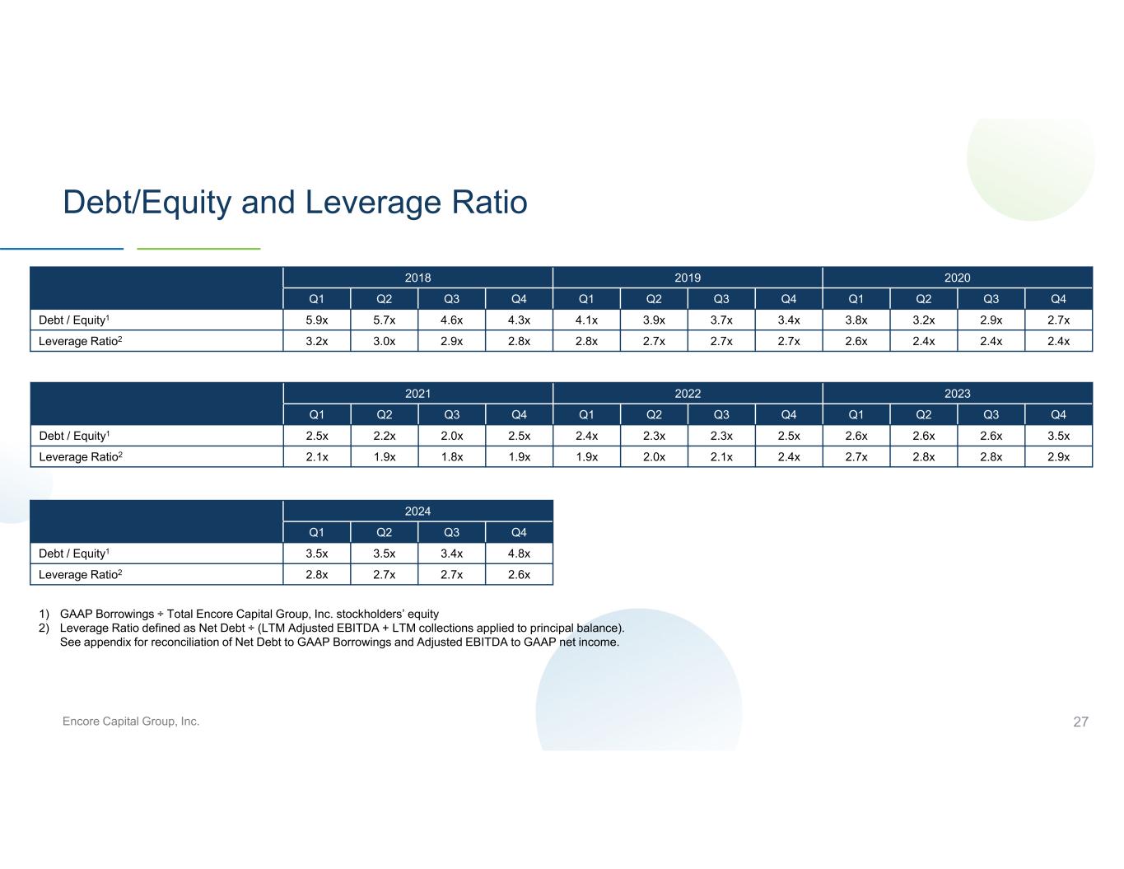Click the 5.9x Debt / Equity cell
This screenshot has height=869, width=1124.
click(316, 320)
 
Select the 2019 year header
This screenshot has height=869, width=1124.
click(688, 278)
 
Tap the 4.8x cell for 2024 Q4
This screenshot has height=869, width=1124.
click(519, 554)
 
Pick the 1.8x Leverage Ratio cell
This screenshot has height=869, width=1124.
click(451, 457)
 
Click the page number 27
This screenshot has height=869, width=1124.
click(1080, 722)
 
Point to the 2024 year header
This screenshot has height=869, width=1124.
click(417, 511)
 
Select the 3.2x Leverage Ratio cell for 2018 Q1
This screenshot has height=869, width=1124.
click(316, 341)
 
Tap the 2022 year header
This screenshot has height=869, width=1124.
click(688, 394)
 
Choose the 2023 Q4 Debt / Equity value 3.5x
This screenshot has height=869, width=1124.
click(1058, 436)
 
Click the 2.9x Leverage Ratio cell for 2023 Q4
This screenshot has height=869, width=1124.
click(1058, 457)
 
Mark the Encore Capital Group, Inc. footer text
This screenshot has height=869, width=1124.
click(131, 721)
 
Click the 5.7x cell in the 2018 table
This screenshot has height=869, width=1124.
click(384, 320)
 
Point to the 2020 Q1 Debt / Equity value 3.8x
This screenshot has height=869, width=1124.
click(856, 320)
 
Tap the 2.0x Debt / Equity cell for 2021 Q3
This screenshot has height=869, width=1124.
click(451, 436)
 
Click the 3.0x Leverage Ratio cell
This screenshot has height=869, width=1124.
click(384, 341)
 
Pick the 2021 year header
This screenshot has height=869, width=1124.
click(417, 394)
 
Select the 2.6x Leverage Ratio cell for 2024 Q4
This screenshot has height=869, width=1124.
click(519, 575)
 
